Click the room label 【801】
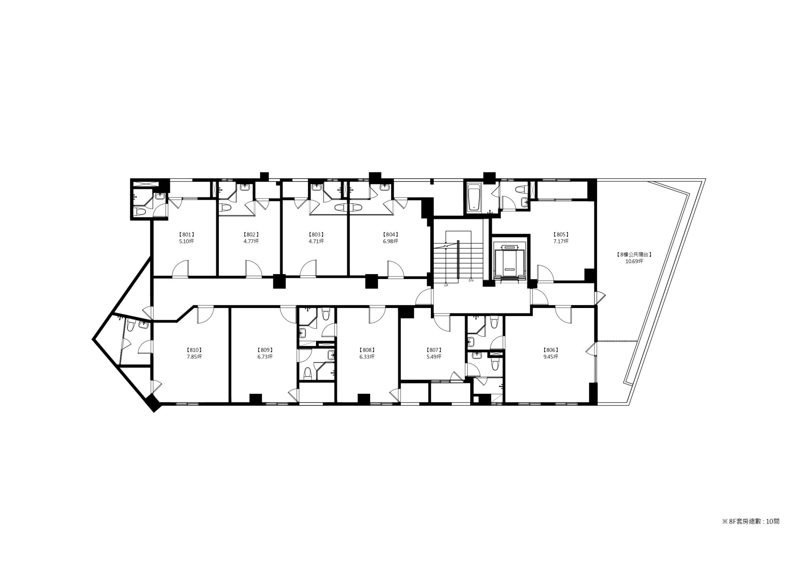click(186, 234)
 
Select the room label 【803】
click(316, 234)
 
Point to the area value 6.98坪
click(390, 241)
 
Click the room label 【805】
click(561, 234)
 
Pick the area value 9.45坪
click(551, 357)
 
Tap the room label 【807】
click(434, 350)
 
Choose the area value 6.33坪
click(367, 357)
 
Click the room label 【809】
click(265, 350)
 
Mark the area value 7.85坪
click(194, 357)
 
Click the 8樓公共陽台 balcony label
click(634, 255)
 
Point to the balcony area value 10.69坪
click(634, 262)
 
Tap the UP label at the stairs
click(446, 285)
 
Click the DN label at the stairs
click(471, 281)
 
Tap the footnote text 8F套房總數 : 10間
click(750, 522)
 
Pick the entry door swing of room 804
click(396, 269)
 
